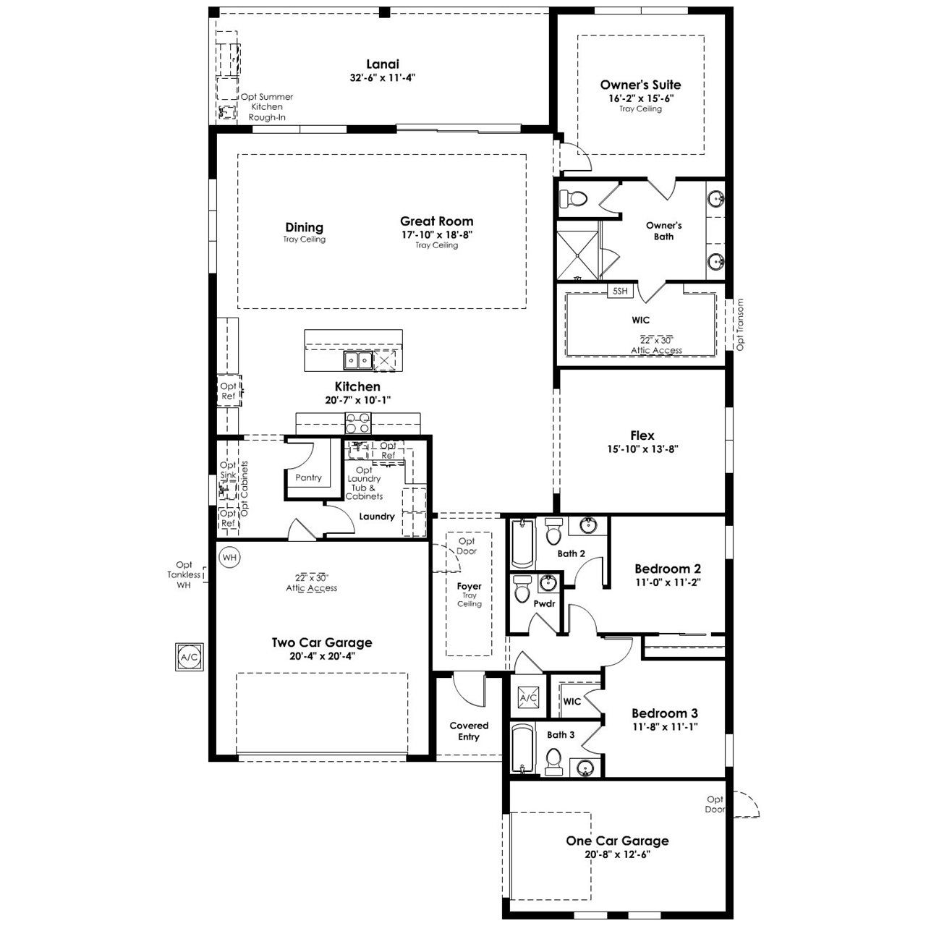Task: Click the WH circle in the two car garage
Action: pyautogui.click(x=230, y=558)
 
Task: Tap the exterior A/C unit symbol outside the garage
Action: pyautogui.click(x=190, y=657)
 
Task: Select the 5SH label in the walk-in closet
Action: pyautogui.click(x=620, y=291)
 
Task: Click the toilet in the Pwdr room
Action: pyautogui.click(x=522, y=589)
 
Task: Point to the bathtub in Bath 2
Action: pyautogui.click(x=522, y=543)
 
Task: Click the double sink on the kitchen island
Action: pyautogui.click(x=357, y=360)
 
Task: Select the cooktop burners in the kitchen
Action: pyautogui.click(x=358, y=422)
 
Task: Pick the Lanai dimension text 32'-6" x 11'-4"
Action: pyautogui.click(x=383, y=77)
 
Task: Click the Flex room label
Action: pyautogui.click(x=642, y=436)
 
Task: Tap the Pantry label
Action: pyautogui.click(x=308, y=477)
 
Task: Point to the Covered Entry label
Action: pyautogui.click(x=469, y=731)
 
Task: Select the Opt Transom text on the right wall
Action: pyautogui.click(x=740, y=324)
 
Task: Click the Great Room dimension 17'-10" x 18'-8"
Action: pyautogui.click(x=437, y=234)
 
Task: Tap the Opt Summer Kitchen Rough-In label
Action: pyautogui.click(x=267, y=106)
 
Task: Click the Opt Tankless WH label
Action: pyautogui.click(x=184, y=574)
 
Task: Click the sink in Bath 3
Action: pyautogui.click(x=585, y=766)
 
